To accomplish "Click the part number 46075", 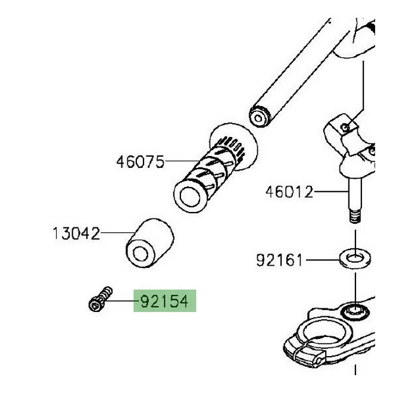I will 140,161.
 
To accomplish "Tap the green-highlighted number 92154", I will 164,302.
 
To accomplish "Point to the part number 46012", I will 289,192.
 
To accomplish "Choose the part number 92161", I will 280,260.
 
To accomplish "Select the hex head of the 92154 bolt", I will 93,305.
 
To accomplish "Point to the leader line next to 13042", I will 117,232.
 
